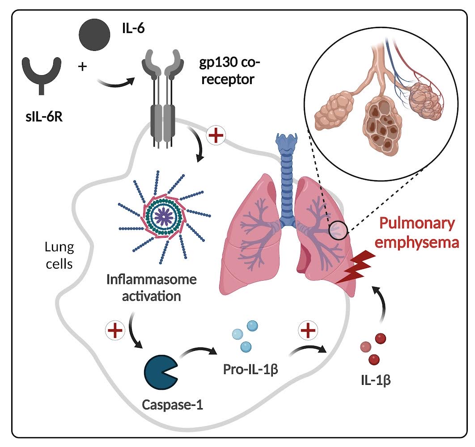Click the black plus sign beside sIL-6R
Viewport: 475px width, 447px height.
point(82,67)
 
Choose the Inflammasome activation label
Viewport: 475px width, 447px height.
point(151,288)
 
